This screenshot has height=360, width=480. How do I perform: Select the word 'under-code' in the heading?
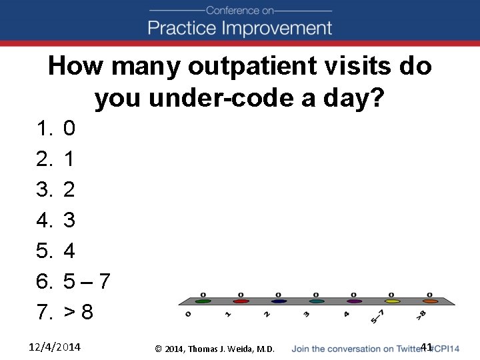pos(198,99)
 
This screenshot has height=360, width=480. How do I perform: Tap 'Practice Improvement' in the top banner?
pos(239,28)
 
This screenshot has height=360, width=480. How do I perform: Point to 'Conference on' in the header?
pos(240,11)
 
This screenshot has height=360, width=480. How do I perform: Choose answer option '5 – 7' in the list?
pos(87,281)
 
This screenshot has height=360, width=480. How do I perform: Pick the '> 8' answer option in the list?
pos(78,312)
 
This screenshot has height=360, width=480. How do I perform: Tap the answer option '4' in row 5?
pos(69,251)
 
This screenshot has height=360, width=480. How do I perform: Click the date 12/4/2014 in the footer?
pos(55,347)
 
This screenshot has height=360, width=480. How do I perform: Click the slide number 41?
pos(427,347)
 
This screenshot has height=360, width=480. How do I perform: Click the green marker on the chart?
pos(203,301)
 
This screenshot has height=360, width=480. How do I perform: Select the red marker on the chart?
pos(241,301)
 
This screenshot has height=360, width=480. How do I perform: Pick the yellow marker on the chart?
pos(392,301)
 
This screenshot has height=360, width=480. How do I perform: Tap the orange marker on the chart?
pos(430,301)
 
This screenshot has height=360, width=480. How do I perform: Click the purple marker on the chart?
pos(354,301)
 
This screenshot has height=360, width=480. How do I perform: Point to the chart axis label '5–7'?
pos(378,316)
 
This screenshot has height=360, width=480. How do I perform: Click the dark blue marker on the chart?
pos(279,301)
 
